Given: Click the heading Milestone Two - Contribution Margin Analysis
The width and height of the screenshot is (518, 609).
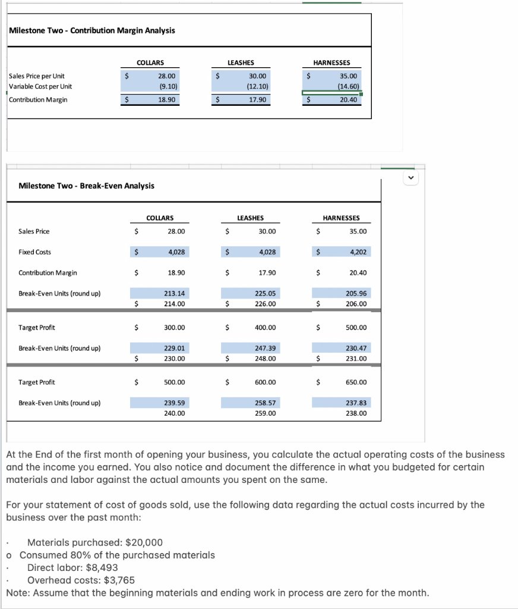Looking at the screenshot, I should (92, 30).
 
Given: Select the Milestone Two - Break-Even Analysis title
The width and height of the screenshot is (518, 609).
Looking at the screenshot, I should (87, 186).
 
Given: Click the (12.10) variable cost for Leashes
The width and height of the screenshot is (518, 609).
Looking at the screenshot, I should (257, 87).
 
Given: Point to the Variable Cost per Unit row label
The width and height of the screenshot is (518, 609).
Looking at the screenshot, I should (40, 87).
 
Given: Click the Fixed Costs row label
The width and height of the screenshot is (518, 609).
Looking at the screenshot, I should (35, 252).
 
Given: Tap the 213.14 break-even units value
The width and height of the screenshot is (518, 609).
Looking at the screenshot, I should (174, 294).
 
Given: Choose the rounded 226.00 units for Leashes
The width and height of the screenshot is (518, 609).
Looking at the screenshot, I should (265, 304).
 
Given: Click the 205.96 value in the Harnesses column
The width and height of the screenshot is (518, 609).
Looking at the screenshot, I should (356, 294).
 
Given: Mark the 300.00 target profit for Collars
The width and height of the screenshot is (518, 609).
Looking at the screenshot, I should (175, 328).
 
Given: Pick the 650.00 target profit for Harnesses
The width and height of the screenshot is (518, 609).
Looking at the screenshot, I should (356, 382).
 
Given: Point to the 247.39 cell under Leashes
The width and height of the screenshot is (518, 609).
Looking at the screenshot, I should (265, 349).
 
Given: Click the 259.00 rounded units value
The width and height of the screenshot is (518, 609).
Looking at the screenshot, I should (265, 413).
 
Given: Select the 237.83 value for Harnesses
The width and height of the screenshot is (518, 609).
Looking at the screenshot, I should (356, 403).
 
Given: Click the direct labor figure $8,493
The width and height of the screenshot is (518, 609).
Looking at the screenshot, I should (102, 567).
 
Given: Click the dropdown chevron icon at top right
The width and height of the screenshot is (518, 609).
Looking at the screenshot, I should (409, 177).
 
